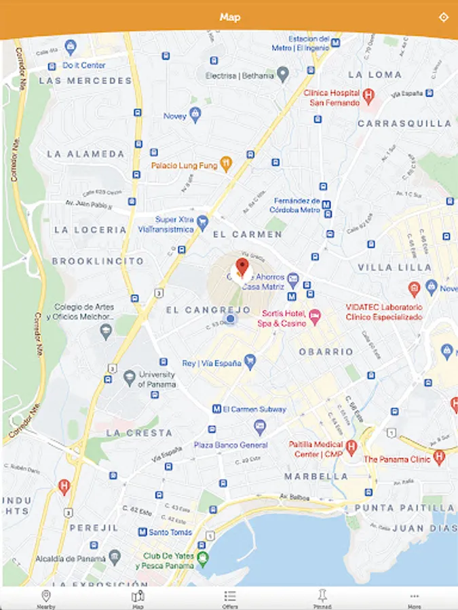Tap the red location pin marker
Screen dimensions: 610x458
click(x=242, y=267)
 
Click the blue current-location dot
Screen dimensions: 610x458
click(x=230, y=319)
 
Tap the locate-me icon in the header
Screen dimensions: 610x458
click(x=443, y=17)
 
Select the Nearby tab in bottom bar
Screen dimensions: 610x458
click(x=46, y=598)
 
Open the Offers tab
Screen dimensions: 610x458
click(x=230, y=598)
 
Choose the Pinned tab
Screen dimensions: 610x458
click(x=322, y=598)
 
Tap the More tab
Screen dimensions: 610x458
click(x=415, y=598)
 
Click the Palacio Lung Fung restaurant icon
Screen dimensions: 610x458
click(x=226, y=163)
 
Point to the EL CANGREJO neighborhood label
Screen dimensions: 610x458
click(x=208, y=310)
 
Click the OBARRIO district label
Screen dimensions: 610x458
click(x=326, y=352)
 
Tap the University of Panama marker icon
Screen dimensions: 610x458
click(x=130, y=376)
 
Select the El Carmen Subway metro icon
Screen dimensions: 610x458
click(x=216, y=409)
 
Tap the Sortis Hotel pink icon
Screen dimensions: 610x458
click(x=314, y=316)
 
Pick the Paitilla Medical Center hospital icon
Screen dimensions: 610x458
click(x=351, y=446)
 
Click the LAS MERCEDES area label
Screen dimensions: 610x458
click(x=85, y=81)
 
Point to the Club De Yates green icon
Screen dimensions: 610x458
click(x=202, y=558)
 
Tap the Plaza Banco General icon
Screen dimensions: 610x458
click(x=259, y=427)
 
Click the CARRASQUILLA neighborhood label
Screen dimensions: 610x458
click(x=404, y=123)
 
